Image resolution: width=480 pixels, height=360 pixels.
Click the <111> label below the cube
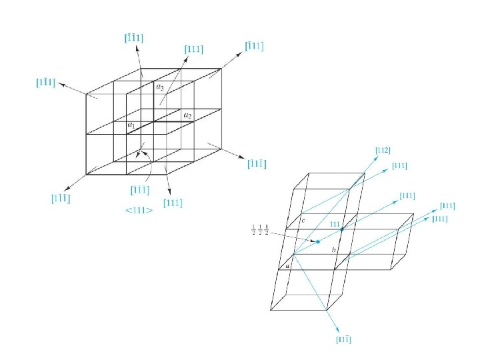pyautogui.click(x=139, y=211)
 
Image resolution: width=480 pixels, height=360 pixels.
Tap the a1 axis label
pyautogui.click(x=131, y=125)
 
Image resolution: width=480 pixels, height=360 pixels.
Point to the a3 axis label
pyautogui.click(x=160, y=87)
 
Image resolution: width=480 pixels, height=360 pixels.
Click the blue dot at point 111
pyautogui.click(x=342, y=229)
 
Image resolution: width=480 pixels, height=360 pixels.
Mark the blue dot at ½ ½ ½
pyautogui.click(x=318, y=241)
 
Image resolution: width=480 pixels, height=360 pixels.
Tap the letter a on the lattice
pyautogui.click(x=288, y=266)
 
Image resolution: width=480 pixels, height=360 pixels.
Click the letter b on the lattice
pyautogui.click(x=334, y=250)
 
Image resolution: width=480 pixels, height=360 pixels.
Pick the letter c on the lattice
pyautogui.click(x=303, y=221)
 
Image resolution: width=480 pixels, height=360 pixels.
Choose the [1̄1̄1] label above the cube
pyautogui.click(x=135, y=37)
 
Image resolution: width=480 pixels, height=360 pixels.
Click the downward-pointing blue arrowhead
pyautogui.click(x=338, y=327)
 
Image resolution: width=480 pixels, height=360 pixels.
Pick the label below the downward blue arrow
pyautogui.click(x=342, y=340)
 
